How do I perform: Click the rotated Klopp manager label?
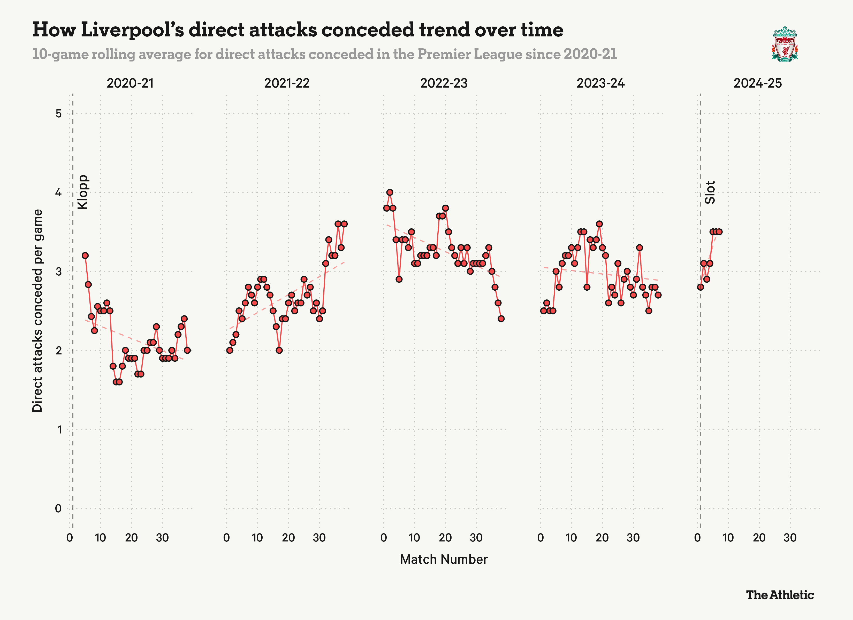click(82, 192)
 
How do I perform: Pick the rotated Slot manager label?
click(710, 192)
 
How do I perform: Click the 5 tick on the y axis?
click(58, 113)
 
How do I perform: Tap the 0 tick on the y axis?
click(58, 508)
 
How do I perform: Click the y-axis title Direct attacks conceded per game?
click(38, 311)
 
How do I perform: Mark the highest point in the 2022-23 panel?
click(390, 192)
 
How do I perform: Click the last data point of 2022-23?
click(501, 319)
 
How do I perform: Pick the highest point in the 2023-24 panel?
click(599, 224)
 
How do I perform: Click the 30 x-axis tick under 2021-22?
click(319, 538)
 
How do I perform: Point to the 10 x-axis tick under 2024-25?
click(728, 538)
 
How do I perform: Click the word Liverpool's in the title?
click(132, 30)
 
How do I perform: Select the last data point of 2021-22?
click(344, 224)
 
